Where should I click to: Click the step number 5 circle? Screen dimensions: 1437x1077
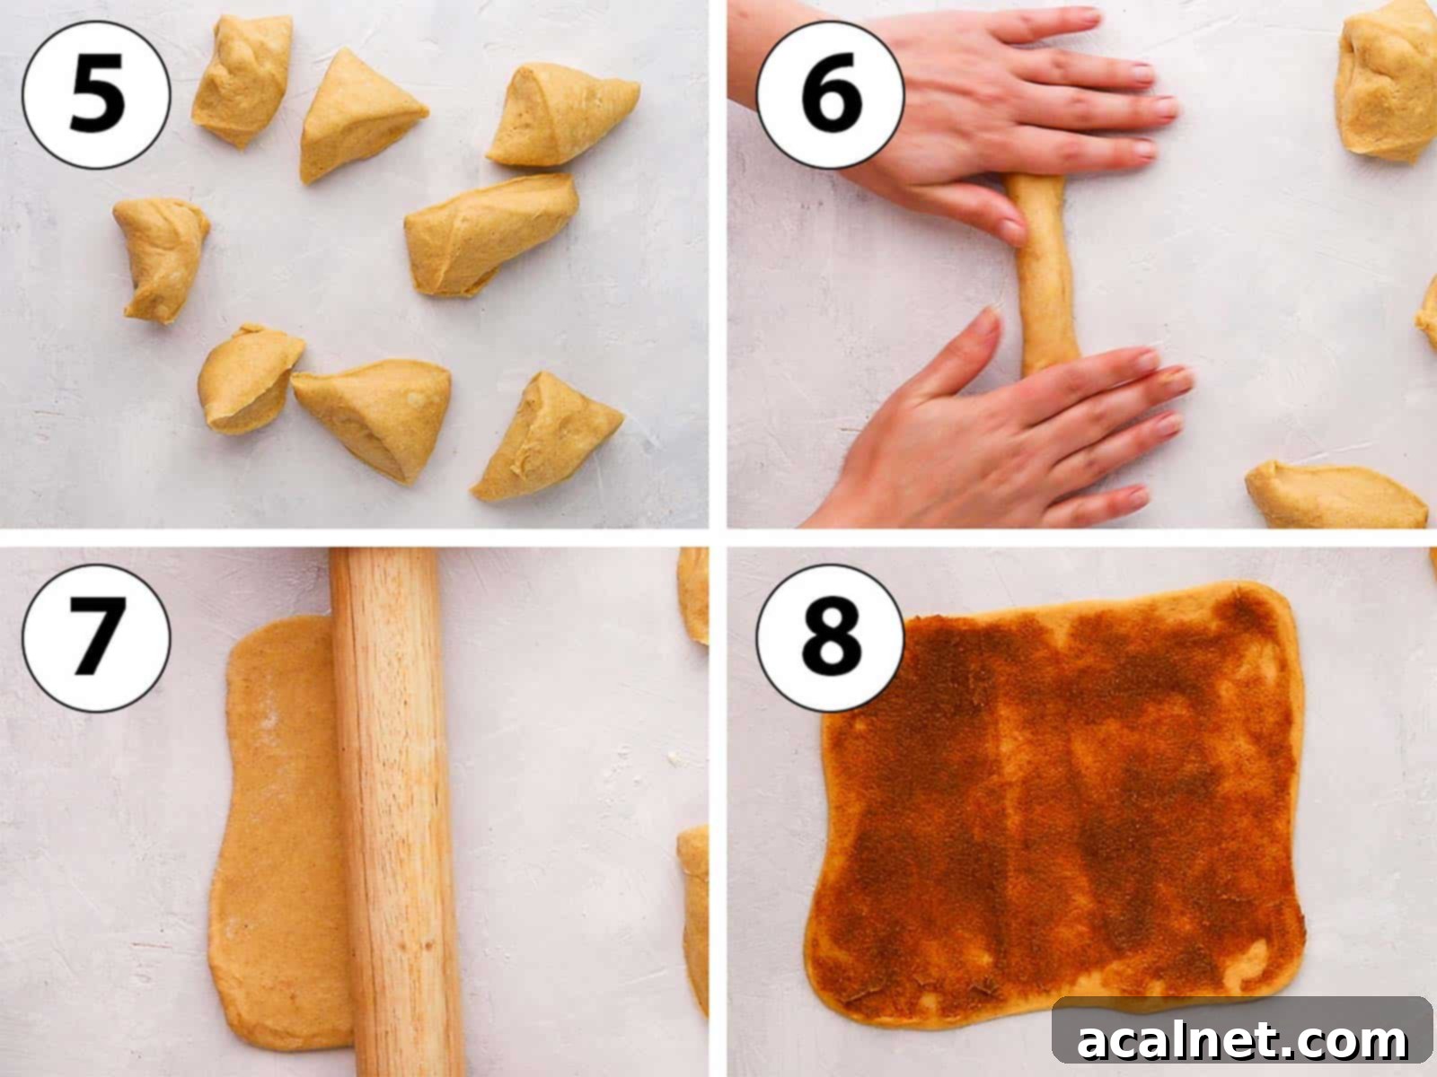tap(96, 95)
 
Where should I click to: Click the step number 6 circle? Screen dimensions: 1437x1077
tap(830, 95)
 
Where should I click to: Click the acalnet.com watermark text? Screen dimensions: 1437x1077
tap(1242, 1039)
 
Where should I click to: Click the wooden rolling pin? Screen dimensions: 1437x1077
tap(392, 810)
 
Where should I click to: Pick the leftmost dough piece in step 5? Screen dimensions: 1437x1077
tap(162, 259)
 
